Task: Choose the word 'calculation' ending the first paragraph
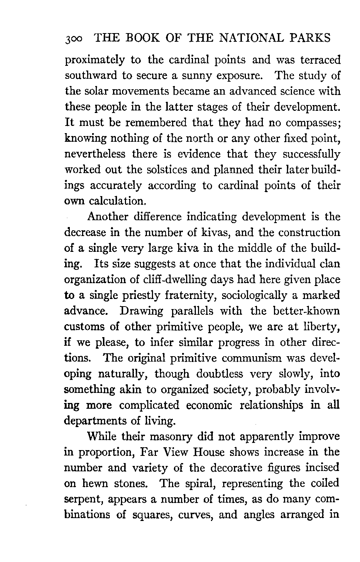coord(114,201)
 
